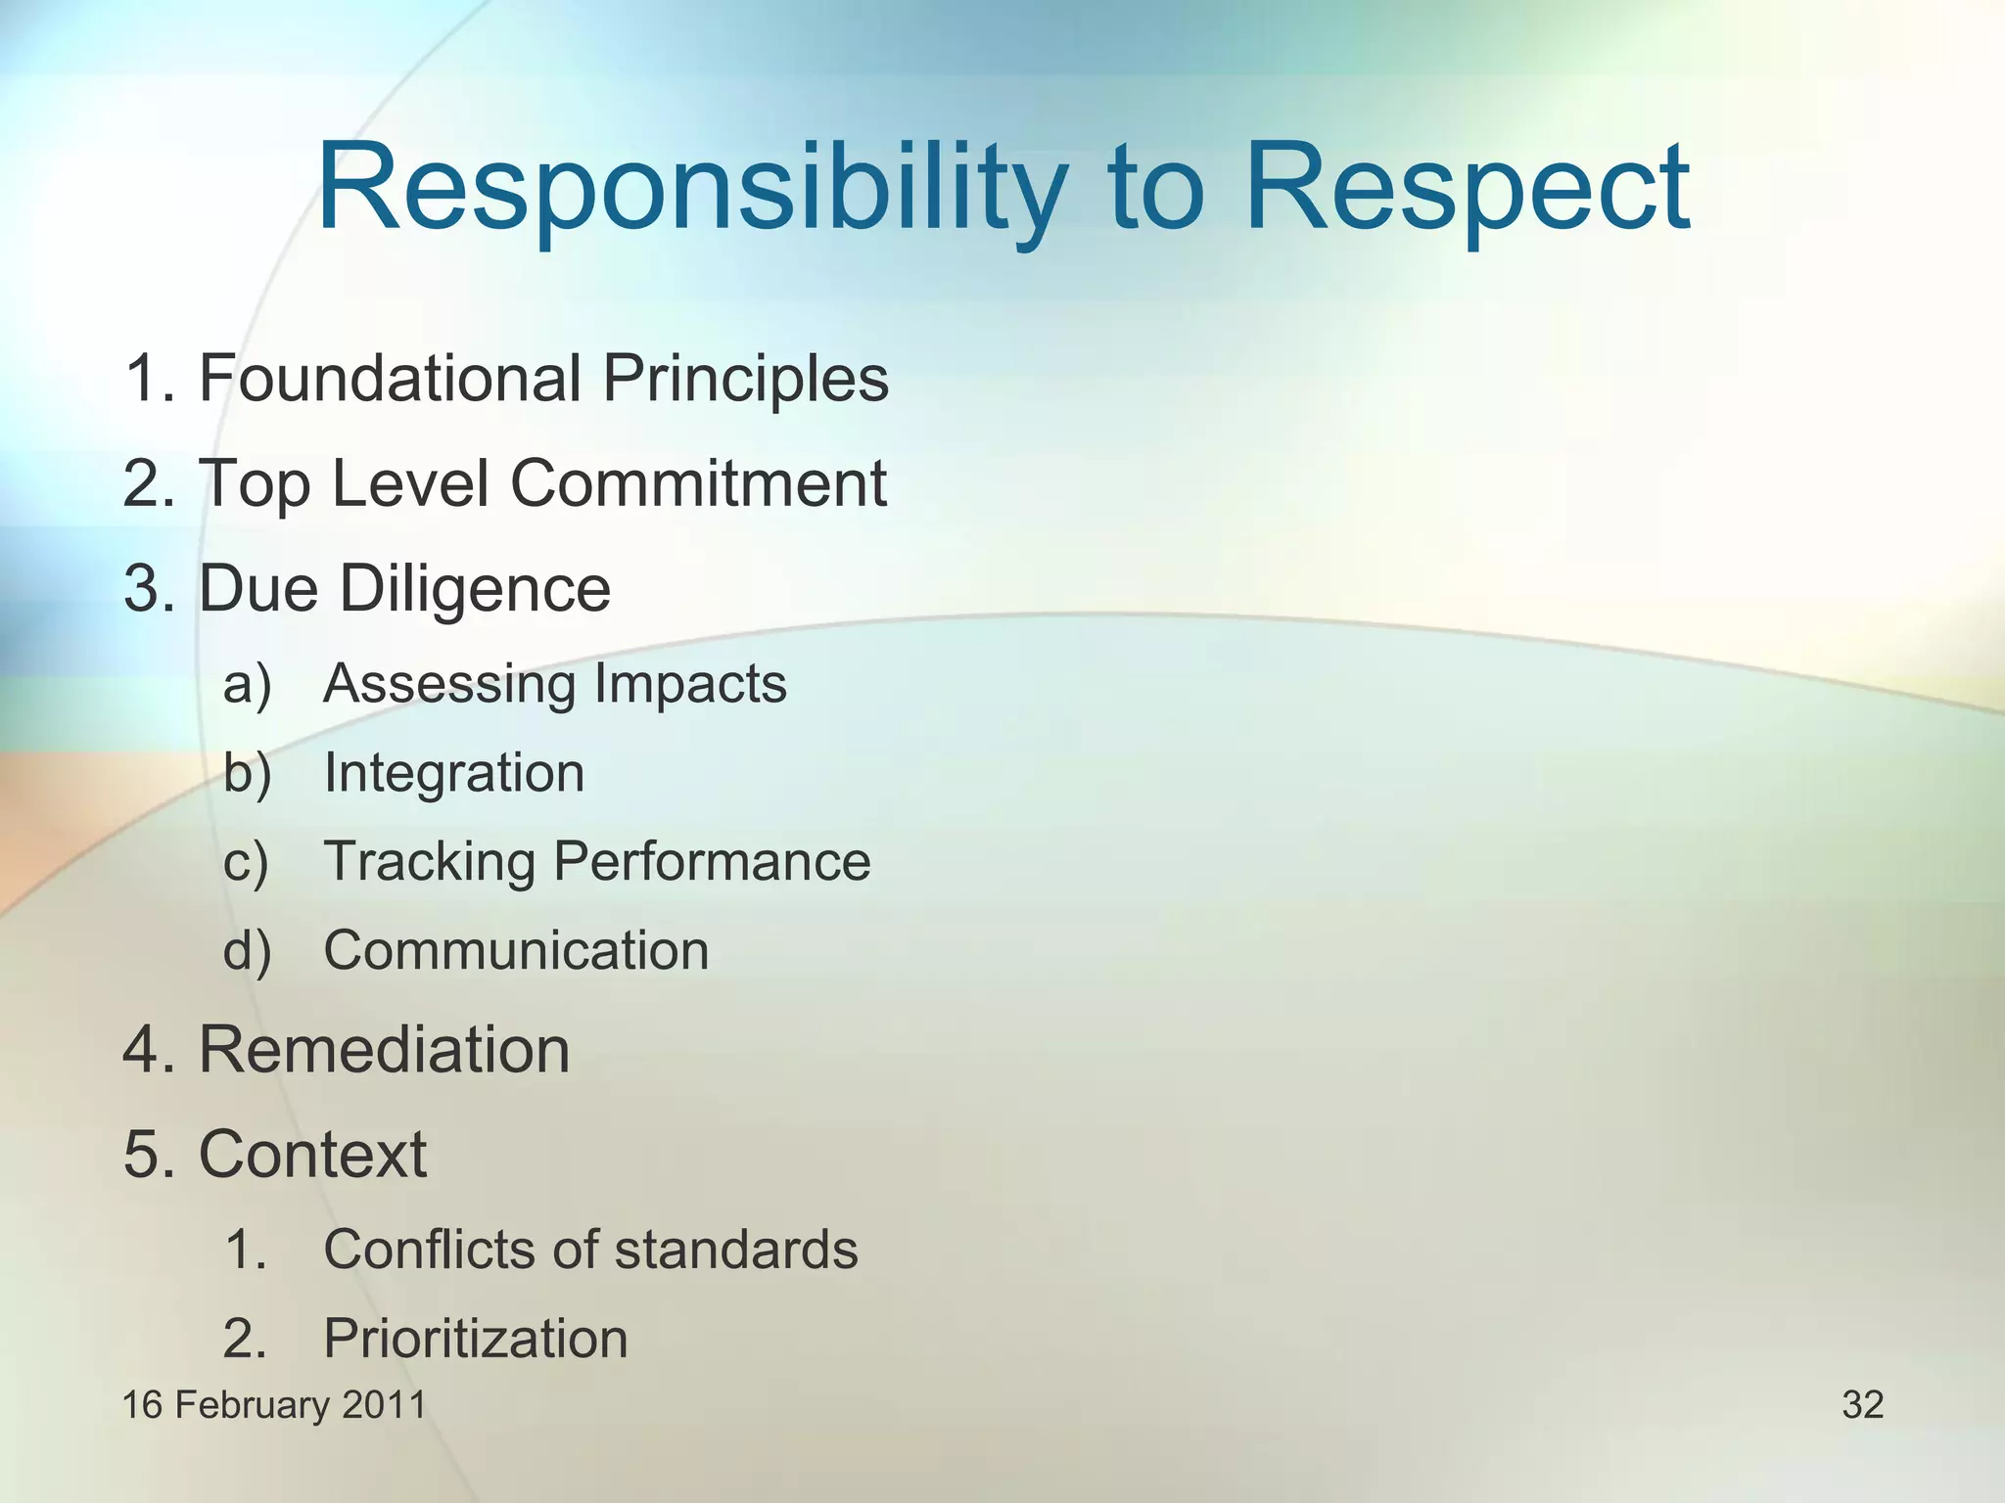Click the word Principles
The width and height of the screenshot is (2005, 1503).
pos(745,379)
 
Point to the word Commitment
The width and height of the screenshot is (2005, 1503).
pos(698,483)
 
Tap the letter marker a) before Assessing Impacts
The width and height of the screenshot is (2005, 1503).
pos(247,684)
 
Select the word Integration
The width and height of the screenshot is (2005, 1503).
pos(454,773)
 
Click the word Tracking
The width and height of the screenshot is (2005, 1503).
pos(429,862)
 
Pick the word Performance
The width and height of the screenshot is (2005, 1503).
pos(712,862)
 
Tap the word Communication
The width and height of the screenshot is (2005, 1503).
pos(516,951)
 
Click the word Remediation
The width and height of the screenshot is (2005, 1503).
pos(384,1050)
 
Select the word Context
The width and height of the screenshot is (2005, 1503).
pos(312,1155)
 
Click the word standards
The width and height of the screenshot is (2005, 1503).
pos(735,1250)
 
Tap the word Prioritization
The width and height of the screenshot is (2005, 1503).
pos(475,1340)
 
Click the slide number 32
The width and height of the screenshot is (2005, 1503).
pos(1862,1405)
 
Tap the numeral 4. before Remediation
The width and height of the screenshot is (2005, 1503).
pos(148,1050)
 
